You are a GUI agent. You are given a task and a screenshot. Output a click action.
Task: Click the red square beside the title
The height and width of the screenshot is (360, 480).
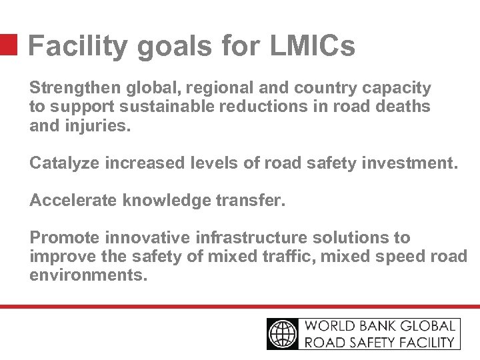click(x=8, y=45)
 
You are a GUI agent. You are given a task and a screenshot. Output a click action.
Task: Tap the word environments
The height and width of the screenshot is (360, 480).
click(x=87, y=275)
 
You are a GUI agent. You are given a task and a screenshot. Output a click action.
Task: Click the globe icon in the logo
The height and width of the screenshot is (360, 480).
click(x=284, y=333)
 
